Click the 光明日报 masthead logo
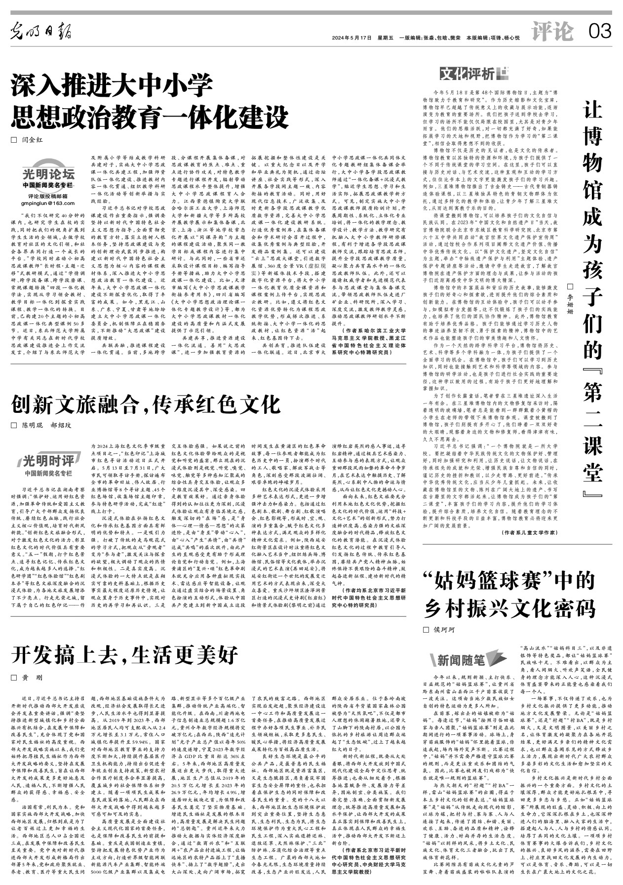tap(42, 33)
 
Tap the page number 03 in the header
tap(600, 32)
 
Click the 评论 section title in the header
tap(552, 32)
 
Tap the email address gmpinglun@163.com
tap(48, 203)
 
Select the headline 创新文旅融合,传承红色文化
tap(146, 404)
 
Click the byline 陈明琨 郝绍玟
tap(47, 425)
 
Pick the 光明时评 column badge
tap(48, 461)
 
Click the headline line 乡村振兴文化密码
tap(510, 609)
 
